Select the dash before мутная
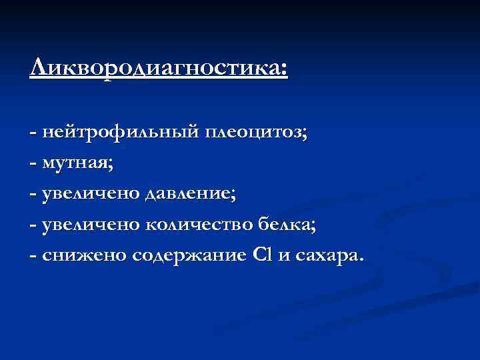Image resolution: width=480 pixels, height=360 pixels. tap(33, 163)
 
